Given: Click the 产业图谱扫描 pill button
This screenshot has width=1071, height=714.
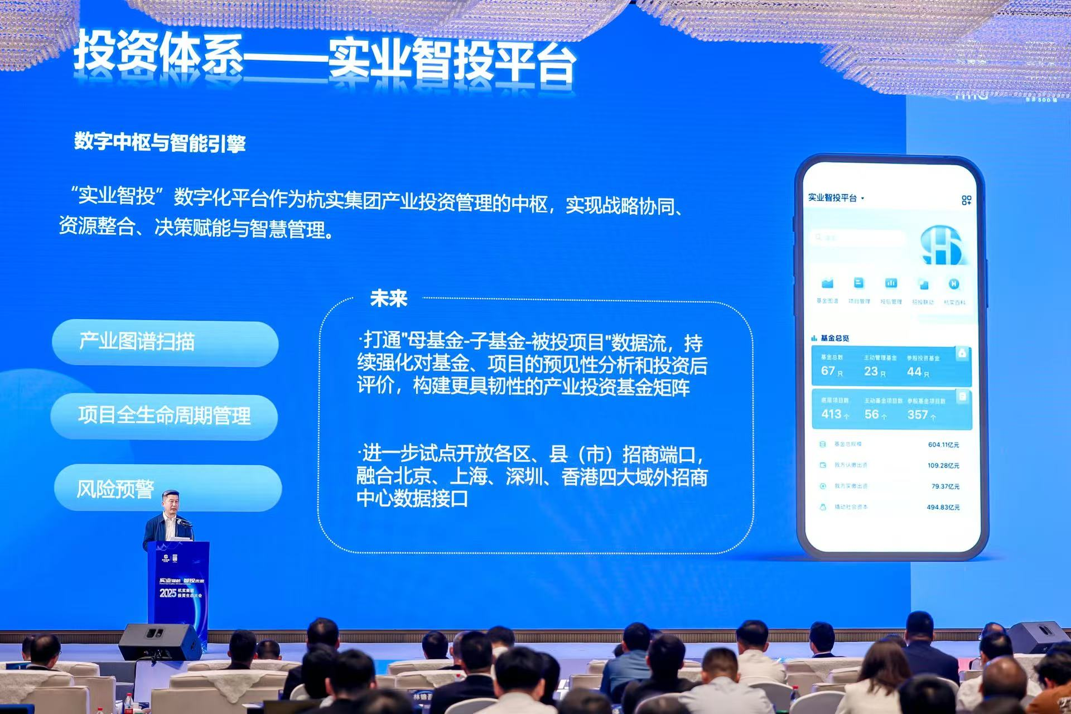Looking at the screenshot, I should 165,342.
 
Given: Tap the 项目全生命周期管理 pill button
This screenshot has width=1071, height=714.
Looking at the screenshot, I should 164,416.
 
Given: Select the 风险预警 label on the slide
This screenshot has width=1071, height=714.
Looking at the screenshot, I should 115,489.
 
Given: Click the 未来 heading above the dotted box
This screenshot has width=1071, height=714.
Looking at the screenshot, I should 388,298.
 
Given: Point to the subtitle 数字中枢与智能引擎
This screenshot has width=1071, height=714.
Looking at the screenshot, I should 160,143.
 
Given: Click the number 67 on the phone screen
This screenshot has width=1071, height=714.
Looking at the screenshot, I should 828,371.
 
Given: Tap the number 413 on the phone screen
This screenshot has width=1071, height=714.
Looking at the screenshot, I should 831,414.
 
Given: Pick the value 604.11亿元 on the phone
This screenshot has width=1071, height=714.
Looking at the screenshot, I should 943,445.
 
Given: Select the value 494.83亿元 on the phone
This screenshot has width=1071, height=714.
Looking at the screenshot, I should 943,507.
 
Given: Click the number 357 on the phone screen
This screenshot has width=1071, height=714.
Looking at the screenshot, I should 917,414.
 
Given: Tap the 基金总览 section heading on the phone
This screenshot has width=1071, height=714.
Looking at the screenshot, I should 834,338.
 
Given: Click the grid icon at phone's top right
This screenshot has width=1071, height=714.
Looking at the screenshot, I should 966,200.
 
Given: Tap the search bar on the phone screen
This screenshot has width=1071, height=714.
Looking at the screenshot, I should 857,238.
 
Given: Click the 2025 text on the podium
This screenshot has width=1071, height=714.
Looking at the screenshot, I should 168,592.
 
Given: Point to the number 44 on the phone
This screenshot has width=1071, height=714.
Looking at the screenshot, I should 914,372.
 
